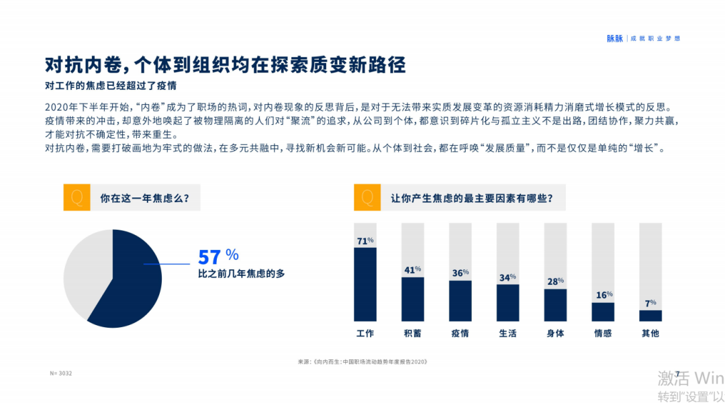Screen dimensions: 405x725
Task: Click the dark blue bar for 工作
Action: tap(365, 284)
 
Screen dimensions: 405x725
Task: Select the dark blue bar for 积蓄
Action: tap(413, 299)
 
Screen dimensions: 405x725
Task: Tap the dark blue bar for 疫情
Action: tap(461, 301)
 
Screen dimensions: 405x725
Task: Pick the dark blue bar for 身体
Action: tap(555, 305)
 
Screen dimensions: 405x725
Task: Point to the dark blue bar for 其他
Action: tap(650, 316)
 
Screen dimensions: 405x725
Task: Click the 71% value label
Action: tap(365, 241)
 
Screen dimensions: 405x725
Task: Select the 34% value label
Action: tap(508, 277)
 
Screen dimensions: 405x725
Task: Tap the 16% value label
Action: tap(603, 295)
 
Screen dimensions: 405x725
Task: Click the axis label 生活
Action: tap(508, 333)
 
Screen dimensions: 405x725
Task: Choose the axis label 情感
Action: tap(603, 333)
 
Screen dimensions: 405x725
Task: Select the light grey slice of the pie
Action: tap(84, 272)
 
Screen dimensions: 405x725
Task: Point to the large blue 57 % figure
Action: tap(218, 257)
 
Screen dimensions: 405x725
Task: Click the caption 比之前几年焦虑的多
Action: tap(241, 274)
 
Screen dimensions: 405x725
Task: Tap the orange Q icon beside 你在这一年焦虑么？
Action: tap(76, 197)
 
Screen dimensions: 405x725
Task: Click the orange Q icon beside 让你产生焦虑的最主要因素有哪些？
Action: tap(367, 197)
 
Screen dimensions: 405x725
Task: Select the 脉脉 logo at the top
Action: tap(615, 39)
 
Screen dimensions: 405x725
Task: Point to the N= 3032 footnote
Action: tap(61, 373)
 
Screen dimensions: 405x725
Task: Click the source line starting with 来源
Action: tap(362, 361)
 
